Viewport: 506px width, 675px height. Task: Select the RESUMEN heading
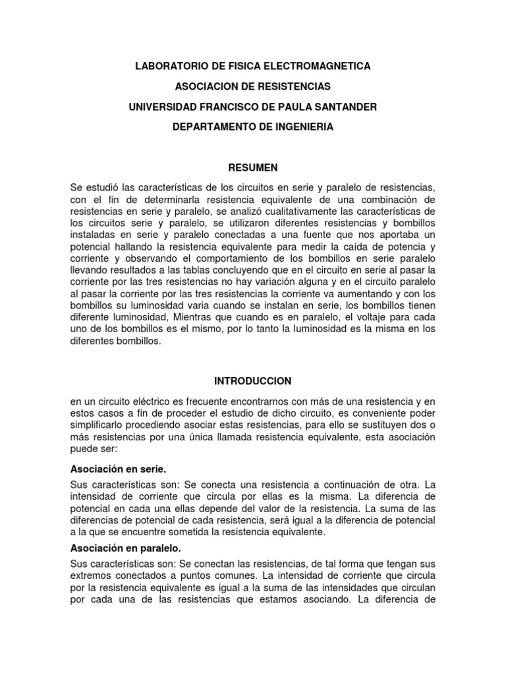pos(253,167)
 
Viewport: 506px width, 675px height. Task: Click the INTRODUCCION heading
pos(253,381)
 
